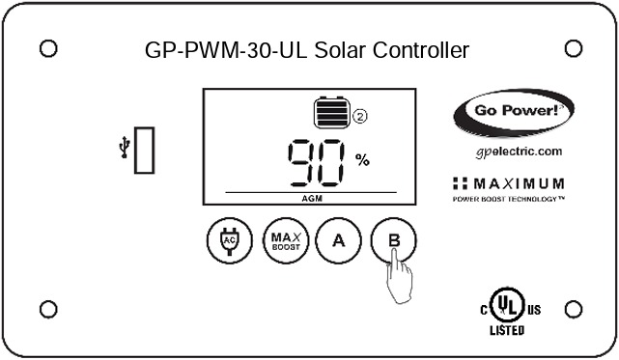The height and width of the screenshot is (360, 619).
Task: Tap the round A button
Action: click(338, 240)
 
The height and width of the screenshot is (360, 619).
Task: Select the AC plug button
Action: click(229, 240)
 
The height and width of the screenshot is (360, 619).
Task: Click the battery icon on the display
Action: click(330, 114)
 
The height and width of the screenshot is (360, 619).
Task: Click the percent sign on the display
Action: click(362, 160)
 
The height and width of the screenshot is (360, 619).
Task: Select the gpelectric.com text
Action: click(519, 152)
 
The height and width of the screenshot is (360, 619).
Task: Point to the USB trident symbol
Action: click(124, 148)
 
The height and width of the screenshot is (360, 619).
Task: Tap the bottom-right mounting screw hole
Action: click(572, 309)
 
